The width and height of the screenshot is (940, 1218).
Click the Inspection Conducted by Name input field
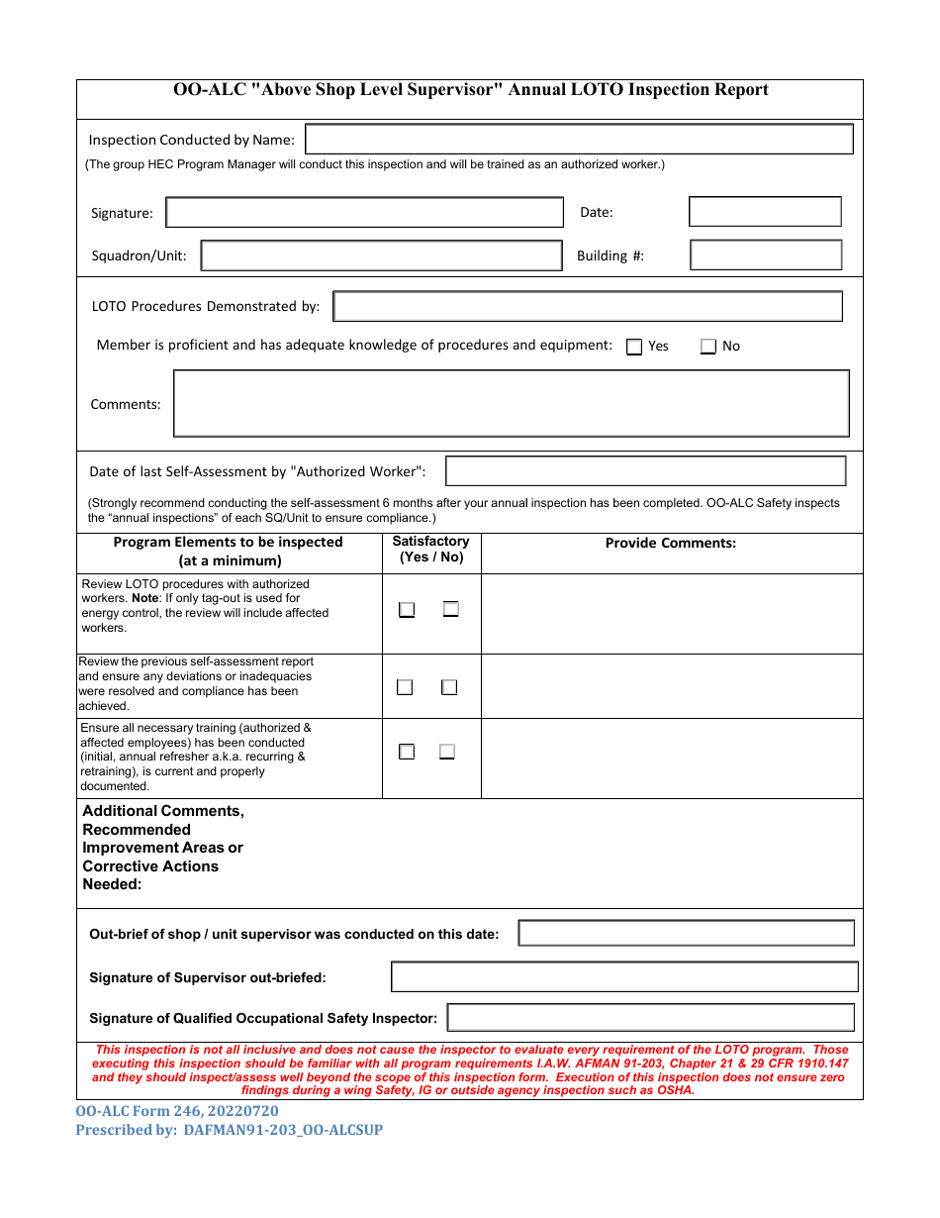click(x=579, y=140)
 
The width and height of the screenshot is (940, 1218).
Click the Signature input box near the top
click(x=364, y=213)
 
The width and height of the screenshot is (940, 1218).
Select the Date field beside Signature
click(x=765, y=212)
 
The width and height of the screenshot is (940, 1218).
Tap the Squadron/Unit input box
click(x=381, y=255)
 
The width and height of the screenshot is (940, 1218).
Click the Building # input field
click(x=765, y=255)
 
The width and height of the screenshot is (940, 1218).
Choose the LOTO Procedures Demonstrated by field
click(x=588, y=306)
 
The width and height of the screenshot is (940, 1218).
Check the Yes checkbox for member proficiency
click(x=635, y=347)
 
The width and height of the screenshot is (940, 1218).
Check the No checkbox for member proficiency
click(x=708, y=347)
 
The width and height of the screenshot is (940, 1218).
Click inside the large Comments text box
click(x=511, y=403)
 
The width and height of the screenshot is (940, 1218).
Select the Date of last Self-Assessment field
click(x=645, y=471)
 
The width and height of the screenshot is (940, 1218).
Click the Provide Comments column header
click(x=671, y=543)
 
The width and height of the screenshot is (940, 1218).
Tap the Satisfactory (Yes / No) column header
click(x=431, y=550)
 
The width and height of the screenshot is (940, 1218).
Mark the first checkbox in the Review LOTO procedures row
click(x=407, y=610)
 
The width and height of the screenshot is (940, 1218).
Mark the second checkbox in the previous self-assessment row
click(x=449, y=687)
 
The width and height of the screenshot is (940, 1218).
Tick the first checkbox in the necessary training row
click(x=407, y=752)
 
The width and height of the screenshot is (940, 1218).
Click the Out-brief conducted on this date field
click(x=686, y=933)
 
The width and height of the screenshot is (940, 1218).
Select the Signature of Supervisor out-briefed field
click(x=624, y=976)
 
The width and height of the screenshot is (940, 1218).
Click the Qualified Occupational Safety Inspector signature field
click(x=650, y=1017)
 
